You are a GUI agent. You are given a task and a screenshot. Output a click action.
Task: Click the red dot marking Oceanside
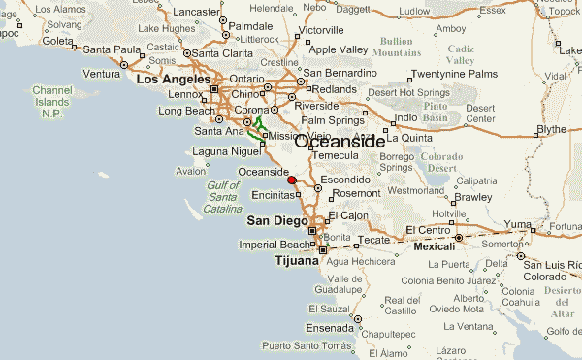(292, 180)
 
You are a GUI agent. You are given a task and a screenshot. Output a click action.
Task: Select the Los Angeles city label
(172, 80)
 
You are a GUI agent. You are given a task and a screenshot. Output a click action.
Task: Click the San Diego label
(276, 220)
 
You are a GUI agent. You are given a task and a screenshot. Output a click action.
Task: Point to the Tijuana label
(296, 261)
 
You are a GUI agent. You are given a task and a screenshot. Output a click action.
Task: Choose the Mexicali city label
(434, 247)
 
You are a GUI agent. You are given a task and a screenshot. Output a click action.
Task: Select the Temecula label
(334, 155)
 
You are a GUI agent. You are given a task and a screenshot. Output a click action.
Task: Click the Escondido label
(345, 180)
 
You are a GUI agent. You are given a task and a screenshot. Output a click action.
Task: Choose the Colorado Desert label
(440, 162)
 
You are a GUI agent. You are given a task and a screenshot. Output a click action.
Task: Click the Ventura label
(101, 74)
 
